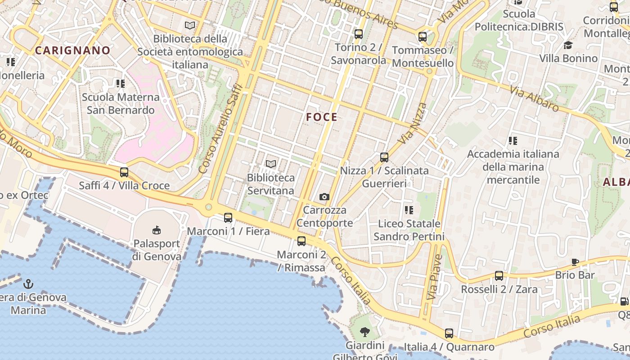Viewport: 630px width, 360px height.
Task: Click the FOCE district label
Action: coord(322,117)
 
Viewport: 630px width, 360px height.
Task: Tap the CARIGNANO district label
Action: coord(72,50)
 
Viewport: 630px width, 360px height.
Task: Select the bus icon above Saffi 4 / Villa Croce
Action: coord(124,172)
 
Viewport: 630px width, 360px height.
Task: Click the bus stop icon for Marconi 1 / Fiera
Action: coord(228,218)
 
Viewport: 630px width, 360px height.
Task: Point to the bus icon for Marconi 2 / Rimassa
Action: coord(301,241)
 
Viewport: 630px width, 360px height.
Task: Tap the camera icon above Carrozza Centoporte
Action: coord(324,197)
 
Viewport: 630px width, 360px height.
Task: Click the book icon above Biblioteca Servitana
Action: coord(271,164)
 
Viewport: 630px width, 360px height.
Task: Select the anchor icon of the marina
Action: coord(28,283)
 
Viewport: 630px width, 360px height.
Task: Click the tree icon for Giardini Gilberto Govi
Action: coord(365,332)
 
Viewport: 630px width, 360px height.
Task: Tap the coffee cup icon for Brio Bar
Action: coord(575,261)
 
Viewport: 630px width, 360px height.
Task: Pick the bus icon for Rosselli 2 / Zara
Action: coord(499,275)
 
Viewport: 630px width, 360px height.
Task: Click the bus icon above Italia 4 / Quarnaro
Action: coord(449,333)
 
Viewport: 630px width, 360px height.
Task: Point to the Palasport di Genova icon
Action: coord(157,230)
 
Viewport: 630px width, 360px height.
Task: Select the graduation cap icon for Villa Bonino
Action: coord(568,45)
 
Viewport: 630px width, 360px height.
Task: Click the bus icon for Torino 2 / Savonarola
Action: coord(359,34)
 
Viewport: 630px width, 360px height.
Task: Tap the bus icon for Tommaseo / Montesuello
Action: coord(423,37)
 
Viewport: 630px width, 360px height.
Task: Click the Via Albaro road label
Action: coord(534,98)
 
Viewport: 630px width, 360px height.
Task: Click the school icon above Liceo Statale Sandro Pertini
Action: coord(409,210)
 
